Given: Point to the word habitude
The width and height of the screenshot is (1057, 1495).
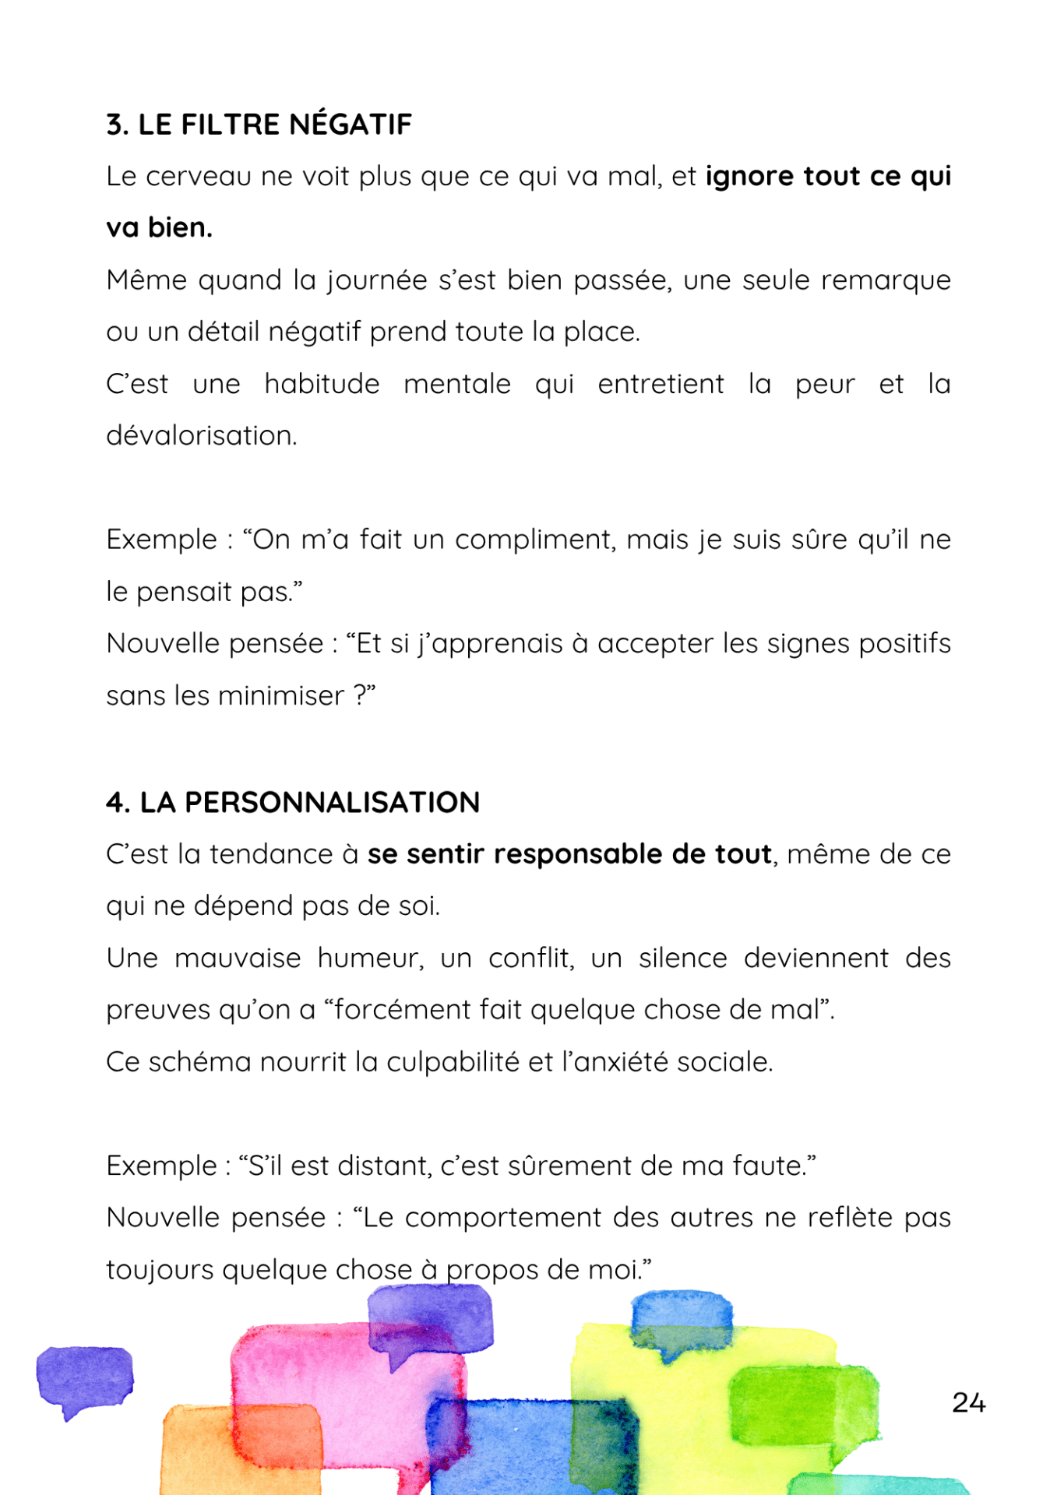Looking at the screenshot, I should (322, 384).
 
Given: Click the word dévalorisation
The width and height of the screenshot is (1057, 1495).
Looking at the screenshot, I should (201, 436).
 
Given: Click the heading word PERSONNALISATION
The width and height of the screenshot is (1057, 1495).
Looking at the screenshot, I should (332, 803).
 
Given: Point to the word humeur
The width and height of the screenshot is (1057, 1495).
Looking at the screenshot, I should (370, 959).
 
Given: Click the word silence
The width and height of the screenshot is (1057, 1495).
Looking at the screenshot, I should (682, 959).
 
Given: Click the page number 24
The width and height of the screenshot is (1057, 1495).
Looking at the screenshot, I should (968, 1403).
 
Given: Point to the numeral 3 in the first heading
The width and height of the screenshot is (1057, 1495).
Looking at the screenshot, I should (115, 125).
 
